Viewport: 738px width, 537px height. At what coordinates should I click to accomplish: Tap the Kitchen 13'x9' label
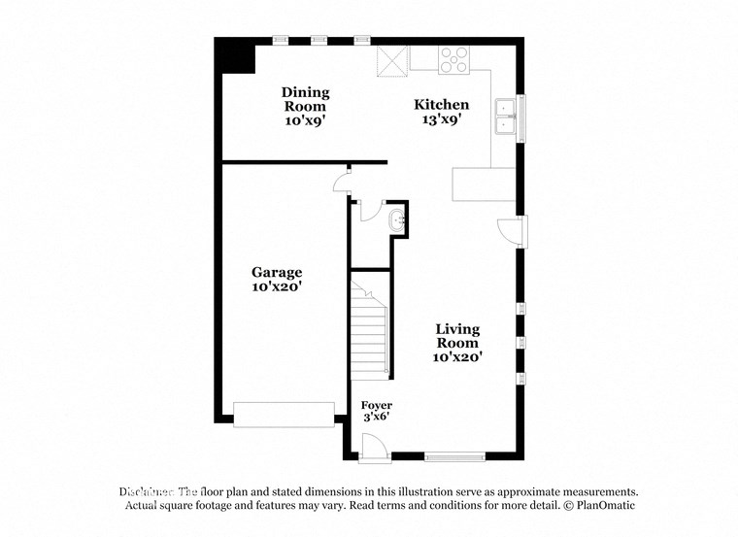pyautogui.click(x=441, y=112)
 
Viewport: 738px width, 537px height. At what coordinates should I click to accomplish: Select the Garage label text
pyautogui.click(x=277, y=280)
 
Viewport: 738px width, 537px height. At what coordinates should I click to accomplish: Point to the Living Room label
pyautogui.click(x=456, y=343)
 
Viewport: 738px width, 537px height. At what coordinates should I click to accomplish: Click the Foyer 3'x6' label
pyautogui.click(x=377, y=410)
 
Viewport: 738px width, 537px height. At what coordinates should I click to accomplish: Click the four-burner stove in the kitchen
pyautogui.click(x=453, y=60)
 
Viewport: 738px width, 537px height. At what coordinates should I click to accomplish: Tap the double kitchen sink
pyautogui.click(x=505, y=117)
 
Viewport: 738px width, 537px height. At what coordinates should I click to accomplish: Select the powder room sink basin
pyautogui.click(x=397, y=221)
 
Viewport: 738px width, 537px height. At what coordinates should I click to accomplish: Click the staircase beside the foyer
pyautogui.click(x=370, y=330)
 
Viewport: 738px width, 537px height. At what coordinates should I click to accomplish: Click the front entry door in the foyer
pyautogui.click(x=371, y=448)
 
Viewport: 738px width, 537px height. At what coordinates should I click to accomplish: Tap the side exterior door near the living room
pyautogui.click(x=512, y=231)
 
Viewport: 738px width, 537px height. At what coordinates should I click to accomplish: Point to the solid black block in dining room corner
pyautogui.click(x=236, y=57)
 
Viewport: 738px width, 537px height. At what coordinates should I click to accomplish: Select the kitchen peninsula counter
pyautogui.click(x=484, y=184)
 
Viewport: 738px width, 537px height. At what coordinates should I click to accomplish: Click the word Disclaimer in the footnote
pyautogui.click(x=146, y=492)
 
